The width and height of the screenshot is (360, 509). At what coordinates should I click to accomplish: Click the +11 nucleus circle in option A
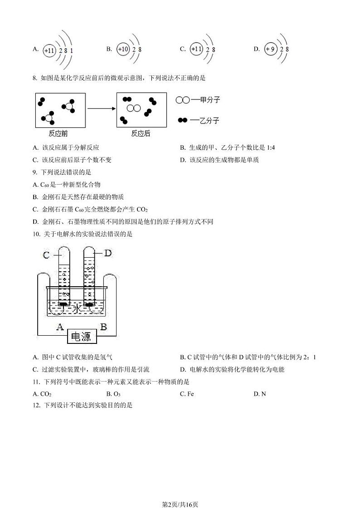(50, 50)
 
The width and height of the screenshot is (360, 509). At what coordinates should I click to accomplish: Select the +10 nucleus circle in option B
(123, 49)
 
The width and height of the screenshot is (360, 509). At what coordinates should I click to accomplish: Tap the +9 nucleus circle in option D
(269, 49)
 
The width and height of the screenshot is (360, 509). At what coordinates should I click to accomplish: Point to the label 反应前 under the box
(58, 133)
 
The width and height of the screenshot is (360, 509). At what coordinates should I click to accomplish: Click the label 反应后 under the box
(141, 133)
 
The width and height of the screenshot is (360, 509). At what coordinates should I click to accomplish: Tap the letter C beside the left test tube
(46, 255)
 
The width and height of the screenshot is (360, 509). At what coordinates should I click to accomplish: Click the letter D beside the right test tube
(107, 253)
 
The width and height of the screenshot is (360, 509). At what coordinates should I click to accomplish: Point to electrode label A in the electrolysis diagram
(59, 326)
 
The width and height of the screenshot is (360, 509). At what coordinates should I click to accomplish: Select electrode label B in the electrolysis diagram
(103, 326)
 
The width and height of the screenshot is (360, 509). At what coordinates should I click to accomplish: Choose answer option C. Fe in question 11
(187, 394)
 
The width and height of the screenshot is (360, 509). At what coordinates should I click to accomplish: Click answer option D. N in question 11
(260, 394)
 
